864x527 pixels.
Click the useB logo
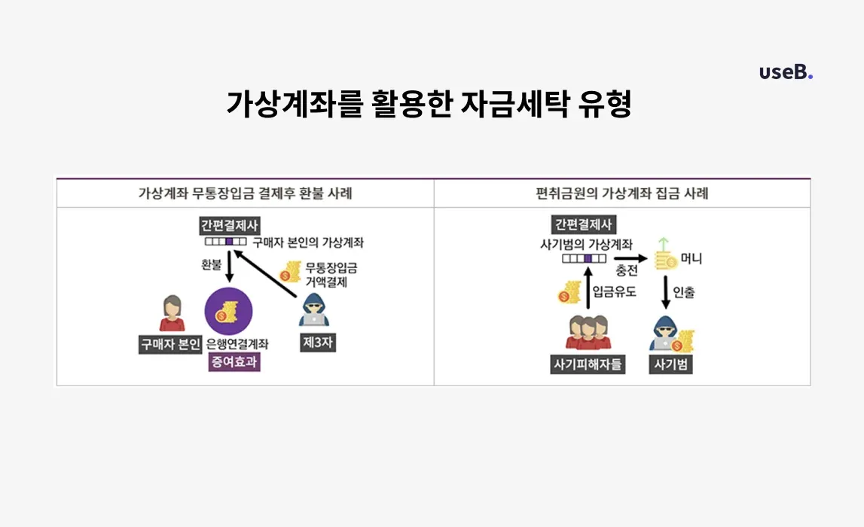(786, 72)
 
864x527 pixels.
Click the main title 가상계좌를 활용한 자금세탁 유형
(429, 104)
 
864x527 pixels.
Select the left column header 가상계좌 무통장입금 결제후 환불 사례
(245, 193)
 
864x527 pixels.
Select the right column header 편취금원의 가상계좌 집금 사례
(622, 193)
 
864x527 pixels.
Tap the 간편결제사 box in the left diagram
(229, 225)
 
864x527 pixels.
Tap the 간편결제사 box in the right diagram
(584, 224)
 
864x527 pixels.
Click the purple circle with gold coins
(229, 311)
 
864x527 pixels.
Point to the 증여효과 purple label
(234, 362)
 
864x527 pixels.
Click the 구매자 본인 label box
(170, 344)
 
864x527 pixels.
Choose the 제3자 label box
(318, 343)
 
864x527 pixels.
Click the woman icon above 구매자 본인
(172, 313)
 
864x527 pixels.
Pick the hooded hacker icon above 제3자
(313, 310)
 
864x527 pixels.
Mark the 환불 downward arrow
(230, 267)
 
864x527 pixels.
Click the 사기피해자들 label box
(588, 364)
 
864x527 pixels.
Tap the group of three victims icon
(588, 333)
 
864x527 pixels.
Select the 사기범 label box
(670, 364)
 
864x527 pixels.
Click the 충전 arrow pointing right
(631, 258)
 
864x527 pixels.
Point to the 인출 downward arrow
(666, 292)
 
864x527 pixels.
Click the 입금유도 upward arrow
(588, 288)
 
